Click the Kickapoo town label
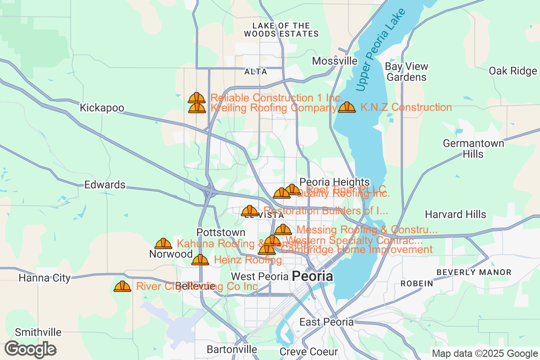click(x=101, y=108)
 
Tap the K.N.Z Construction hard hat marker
click(x=346, y=107)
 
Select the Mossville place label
click(x=335, y=61)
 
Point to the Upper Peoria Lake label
click(x=380, y=49)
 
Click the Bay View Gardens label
click(x=407, y=72)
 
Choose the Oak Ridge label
click(x=513, y=71)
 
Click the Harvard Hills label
click(x=455, y=214)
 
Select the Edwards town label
click(x=105, y=185)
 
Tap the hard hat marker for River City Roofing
click(x=122, y=286)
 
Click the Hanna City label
click(x=45, y=278)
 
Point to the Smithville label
click(x=38, y=333)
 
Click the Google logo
click(x=31, y=349)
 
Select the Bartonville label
click(x=232, y=349)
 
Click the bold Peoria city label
click(x=313, y=276)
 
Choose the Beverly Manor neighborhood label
click(x=474, y=272)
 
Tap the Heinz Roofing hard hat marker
click(x=200, y=260)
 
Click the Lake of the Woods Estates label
click(x=281, y=30)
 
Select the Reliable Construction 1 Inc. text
click(x=277, y=98)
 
